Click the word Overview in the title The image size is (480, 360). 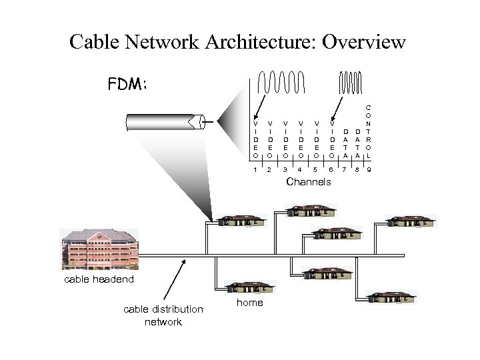[363, 43]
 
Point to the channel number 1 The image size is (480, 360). [255, 170]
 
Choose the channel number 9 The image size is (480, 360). [369, 170]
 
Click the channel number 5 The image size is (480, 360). [315, 170]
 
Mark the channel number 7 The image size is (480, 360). [344, 170]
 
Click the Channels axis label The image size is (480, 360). [308, 182]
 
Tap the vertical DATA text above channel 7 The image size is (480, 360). [345, 143]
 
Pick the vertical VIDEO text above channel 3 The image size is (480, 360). [285, 139]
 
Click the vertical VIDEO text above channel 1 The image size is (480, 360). [255, 139]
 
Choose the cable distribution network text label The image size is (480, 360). [163, 315]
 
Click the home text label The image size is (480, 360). [250, 303]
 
